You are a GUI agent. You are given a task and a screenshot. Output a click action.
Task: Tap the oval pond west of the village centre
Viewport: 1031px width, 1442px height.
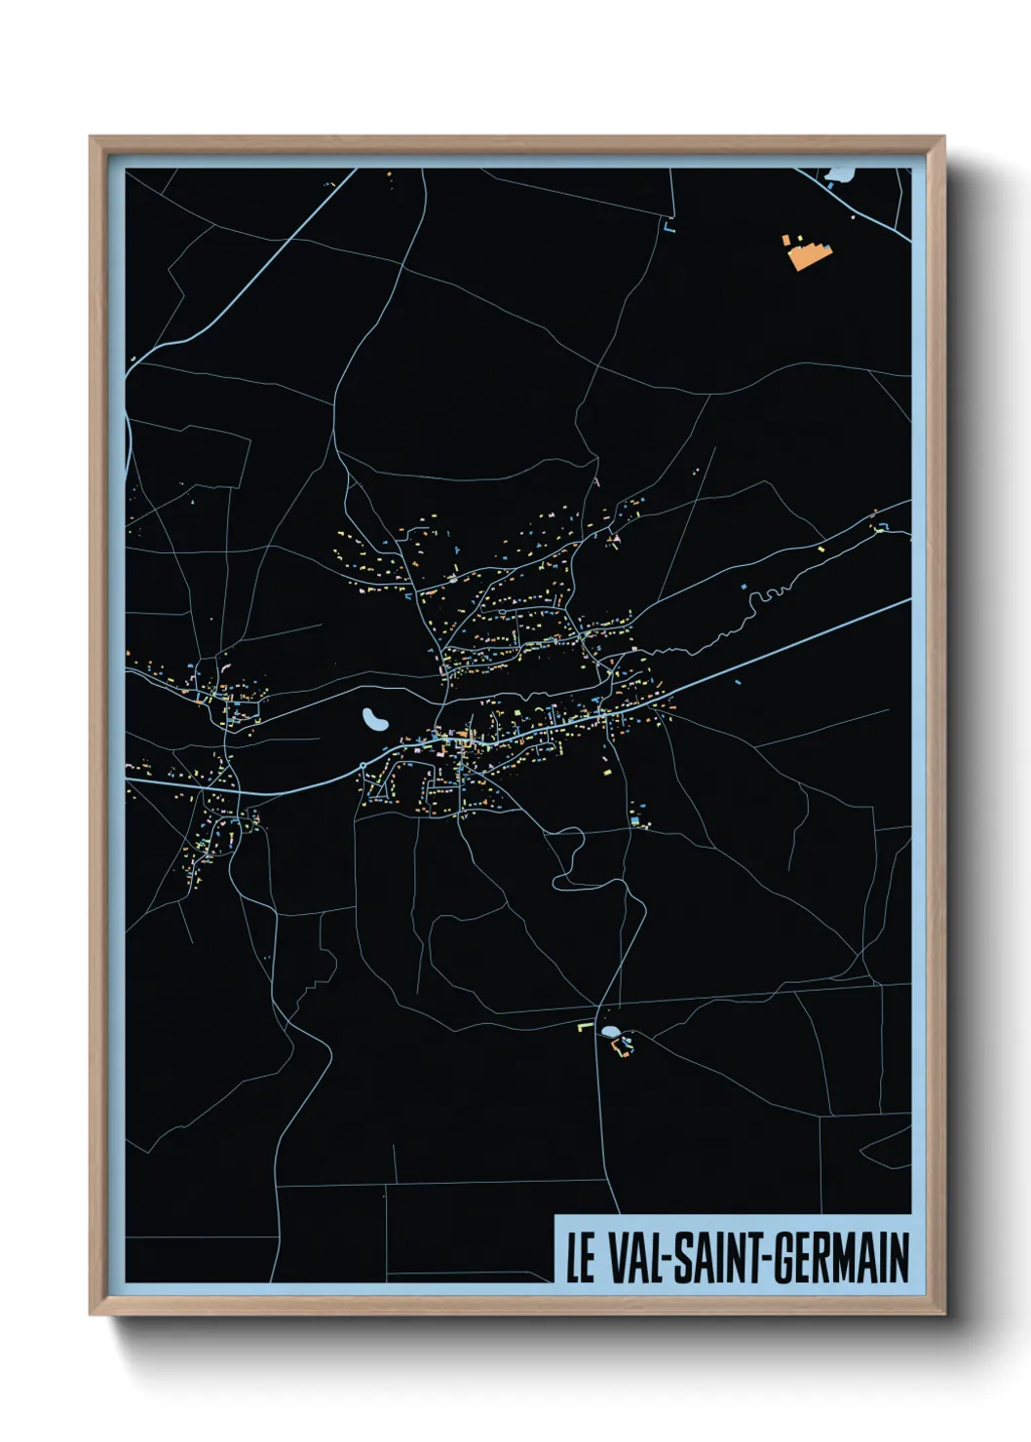click(374, 720)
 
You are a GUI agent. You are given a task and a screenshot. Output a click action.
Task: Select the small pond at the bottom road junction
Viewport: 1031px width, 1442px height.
click(609, 1031)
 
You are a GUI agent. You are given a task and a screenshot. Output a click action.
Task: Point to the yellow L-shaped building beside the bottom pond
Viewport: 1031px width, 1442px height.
click(584, 1026)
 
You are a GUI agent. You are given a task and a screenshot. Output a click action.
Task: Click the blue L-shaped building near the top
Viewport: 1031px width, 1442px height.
click(668, 230)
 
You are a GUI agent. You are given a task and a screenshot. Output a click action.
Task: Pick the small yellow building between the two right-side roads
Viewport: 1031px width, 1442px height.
click(821, 549)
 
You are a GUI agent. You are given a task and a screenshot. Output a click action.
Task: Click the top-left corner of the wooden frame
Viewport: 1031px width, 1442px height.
click(91, 138)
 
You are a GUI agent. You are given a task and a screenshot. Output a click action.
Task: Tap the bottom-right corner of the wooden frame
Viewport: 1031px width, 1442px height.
click(943, 1313)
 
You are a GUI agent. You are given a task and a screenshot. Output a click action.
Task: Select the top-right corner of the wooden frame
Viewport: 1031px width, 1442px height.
click(943, 138)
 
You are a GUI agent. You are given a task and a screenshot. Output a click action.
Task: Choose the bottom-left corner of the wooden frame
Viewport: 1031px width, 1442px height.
click(91, 1313)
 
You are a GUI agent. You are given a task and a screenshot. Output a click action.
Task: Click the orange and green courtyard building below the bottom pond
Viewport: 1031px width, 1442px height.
click(620, 1047)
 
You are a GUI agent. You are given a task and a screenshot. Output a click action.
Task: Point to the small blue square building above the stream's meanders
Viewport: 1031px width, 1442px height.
click(744, 588)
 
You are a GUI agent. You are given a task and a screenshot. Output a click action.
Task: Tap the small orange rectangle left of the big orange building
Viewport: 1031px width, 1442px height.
click(785, 239)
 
